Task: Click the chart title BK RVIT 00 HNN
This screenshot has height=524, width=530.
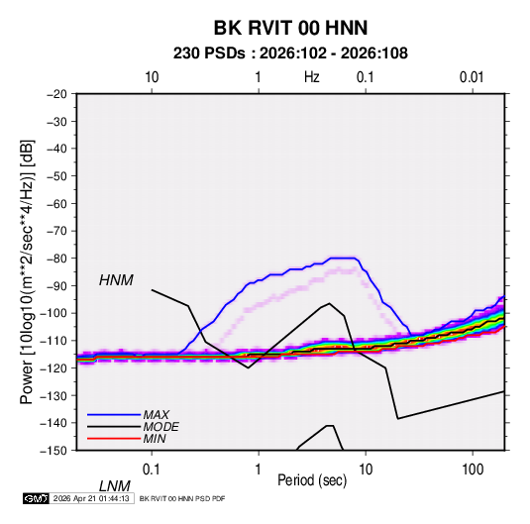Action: [x=290, y=28]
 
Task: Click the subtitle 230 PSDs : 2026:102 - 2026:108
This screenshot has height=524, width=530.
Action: [x=290, y=53]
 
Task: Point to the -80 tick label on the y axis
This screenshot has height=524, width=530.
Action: [x=56, y=259]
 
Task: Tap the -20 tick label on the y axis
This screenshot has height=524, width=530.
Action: [x=56, y=94]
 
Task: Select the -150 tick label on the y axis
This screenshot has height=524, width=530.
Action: [x=53, y=451]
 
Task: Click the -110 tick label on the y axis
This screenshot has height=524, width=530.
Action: [x=53, y=341]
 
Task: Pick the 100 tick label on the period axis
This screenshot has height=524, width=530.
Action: [x=473, y=470]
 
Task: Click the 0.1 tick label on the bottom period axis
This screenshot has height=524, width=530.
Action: [x=151, y=470]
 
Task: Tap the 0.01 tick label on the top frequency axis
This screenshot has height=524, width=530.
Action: [x=472, y=77]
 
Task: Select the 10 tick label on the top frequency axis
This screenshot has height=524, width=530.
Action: [x=152, y=77]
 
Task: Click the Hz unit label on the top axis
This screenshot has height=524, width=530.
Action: [x=312, y=77]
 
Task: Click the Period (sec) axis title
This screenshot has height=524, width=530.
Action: [x=312, y=480]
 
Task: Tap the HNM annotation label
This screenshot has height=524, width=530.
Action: [x=116, y=280]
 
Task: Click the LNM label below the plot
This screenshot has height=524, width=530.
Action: [x=115, y=486]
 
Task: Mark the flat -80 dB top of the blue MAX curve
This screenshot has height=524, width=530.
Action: [x=343, y=258]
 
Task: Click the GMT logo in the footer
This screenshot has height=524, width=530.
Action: [x=36, y=498]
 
